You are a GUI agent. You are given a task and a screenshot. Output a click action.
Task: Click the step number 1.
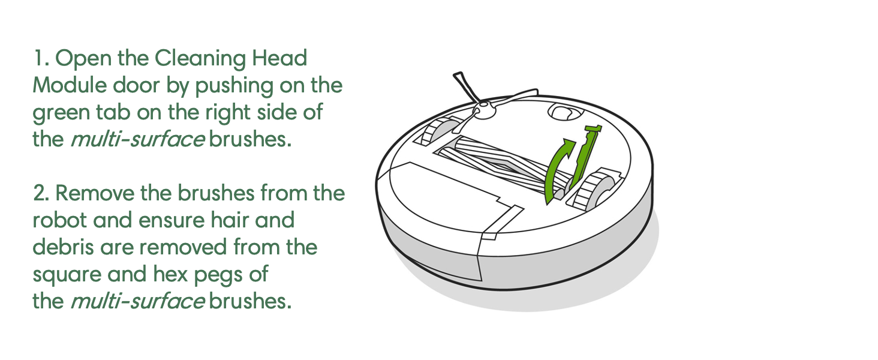click(40, 59)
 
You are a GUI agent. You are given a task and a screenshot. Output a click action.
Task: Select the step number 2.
click(41, 194)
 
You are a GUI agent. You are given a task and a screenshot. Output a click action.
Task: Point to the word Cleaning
click(193, 59)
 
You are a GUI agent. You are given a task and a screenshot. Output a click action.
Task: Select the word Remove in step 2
click(101, 194)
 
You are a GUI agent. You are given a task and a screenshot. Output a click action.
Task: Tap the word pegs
click(239, 274)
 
